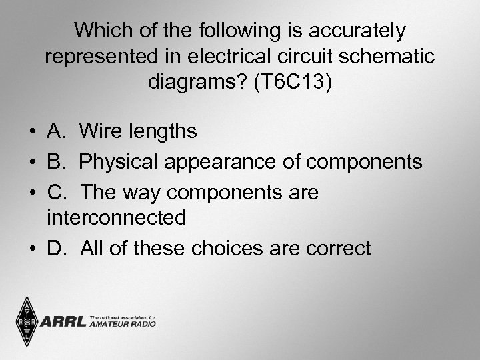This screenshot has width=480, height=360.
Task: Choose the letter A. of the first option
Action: [57, 131]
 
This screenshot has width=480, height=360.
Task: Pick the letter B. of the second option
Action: [57, 161]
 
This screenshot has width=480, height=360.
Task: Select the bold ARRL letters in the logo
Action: [63, 323]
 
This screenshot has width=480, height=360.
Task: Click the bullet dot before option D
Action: [32, 249]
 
